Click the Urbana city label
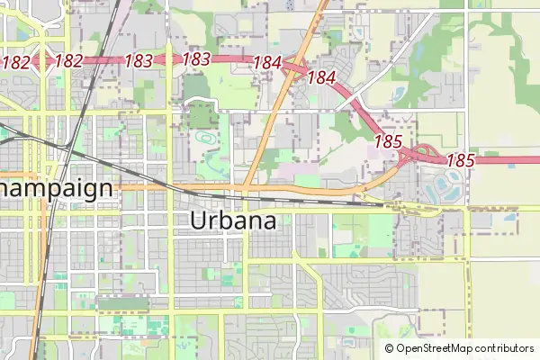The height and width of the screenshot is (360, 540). coord(233,220)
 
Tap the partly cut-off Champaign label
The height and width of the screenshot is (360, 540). coord(57,189)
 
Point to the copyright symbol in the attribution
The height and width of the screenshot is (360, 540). coord(390,348)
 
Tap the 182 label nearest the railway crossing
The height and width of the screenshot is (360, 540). coord(68,61)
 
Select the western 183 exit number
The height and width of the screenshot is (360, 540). coord(138,60)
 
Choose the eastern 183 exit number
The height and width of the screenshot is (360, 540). coord(196,59)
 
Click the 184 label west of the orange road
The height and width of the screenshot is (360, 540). coord(268,63)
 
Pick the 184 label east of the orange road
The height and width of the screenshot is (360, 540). coord(321,77)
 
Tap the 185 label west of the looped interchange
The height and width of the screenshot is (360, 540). coord(387,142)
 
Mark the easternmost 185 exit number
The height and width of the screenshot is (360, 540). coord(460,160)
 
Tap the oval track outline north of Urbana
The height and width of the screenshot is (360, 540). coord(206,140)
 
